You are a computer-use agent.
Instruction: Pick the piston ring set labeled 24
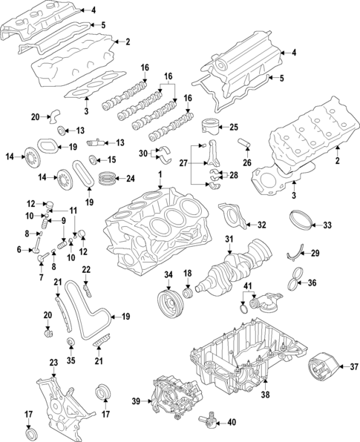[108, 179]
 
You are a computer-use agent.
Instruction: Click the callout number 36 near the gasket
[312, 283]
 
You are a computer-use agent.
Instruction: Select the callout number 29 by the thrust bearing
[315, 254]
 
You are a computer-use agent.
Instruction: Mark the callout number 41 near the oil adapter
[249, 286]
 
